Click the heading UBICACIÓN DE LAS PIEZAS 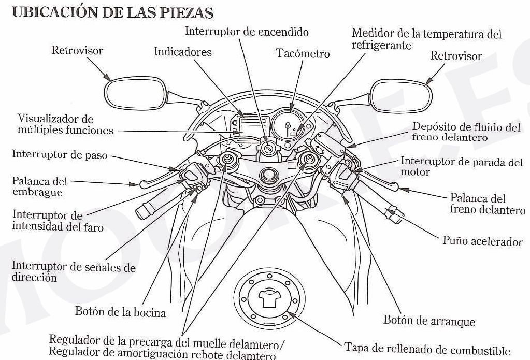coord(112,12)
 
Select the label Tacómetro coord(303,53)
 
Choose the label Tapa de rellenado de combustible coord(427,350)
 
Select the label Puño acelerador coord(482,241)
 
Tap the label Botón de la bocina coord(120,312)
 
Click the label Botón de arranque coord(429,321)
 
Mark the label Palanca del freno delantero coord(487,204)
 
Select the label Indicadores coord(183,52)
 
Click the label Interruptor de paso coord(60,154)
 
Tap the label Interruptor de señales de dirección coord(73,272)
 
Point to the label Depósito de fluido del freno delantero coord(465,132)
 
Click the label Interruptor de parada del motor coord(462,166)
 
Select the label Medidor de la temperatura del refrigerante coord(426,39)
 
